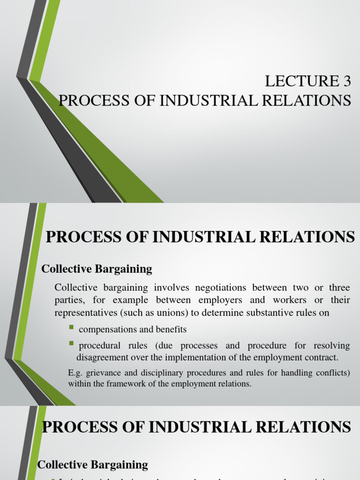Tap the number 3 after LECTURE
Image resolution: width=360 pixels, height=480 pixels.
click(x=346, y=82)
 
